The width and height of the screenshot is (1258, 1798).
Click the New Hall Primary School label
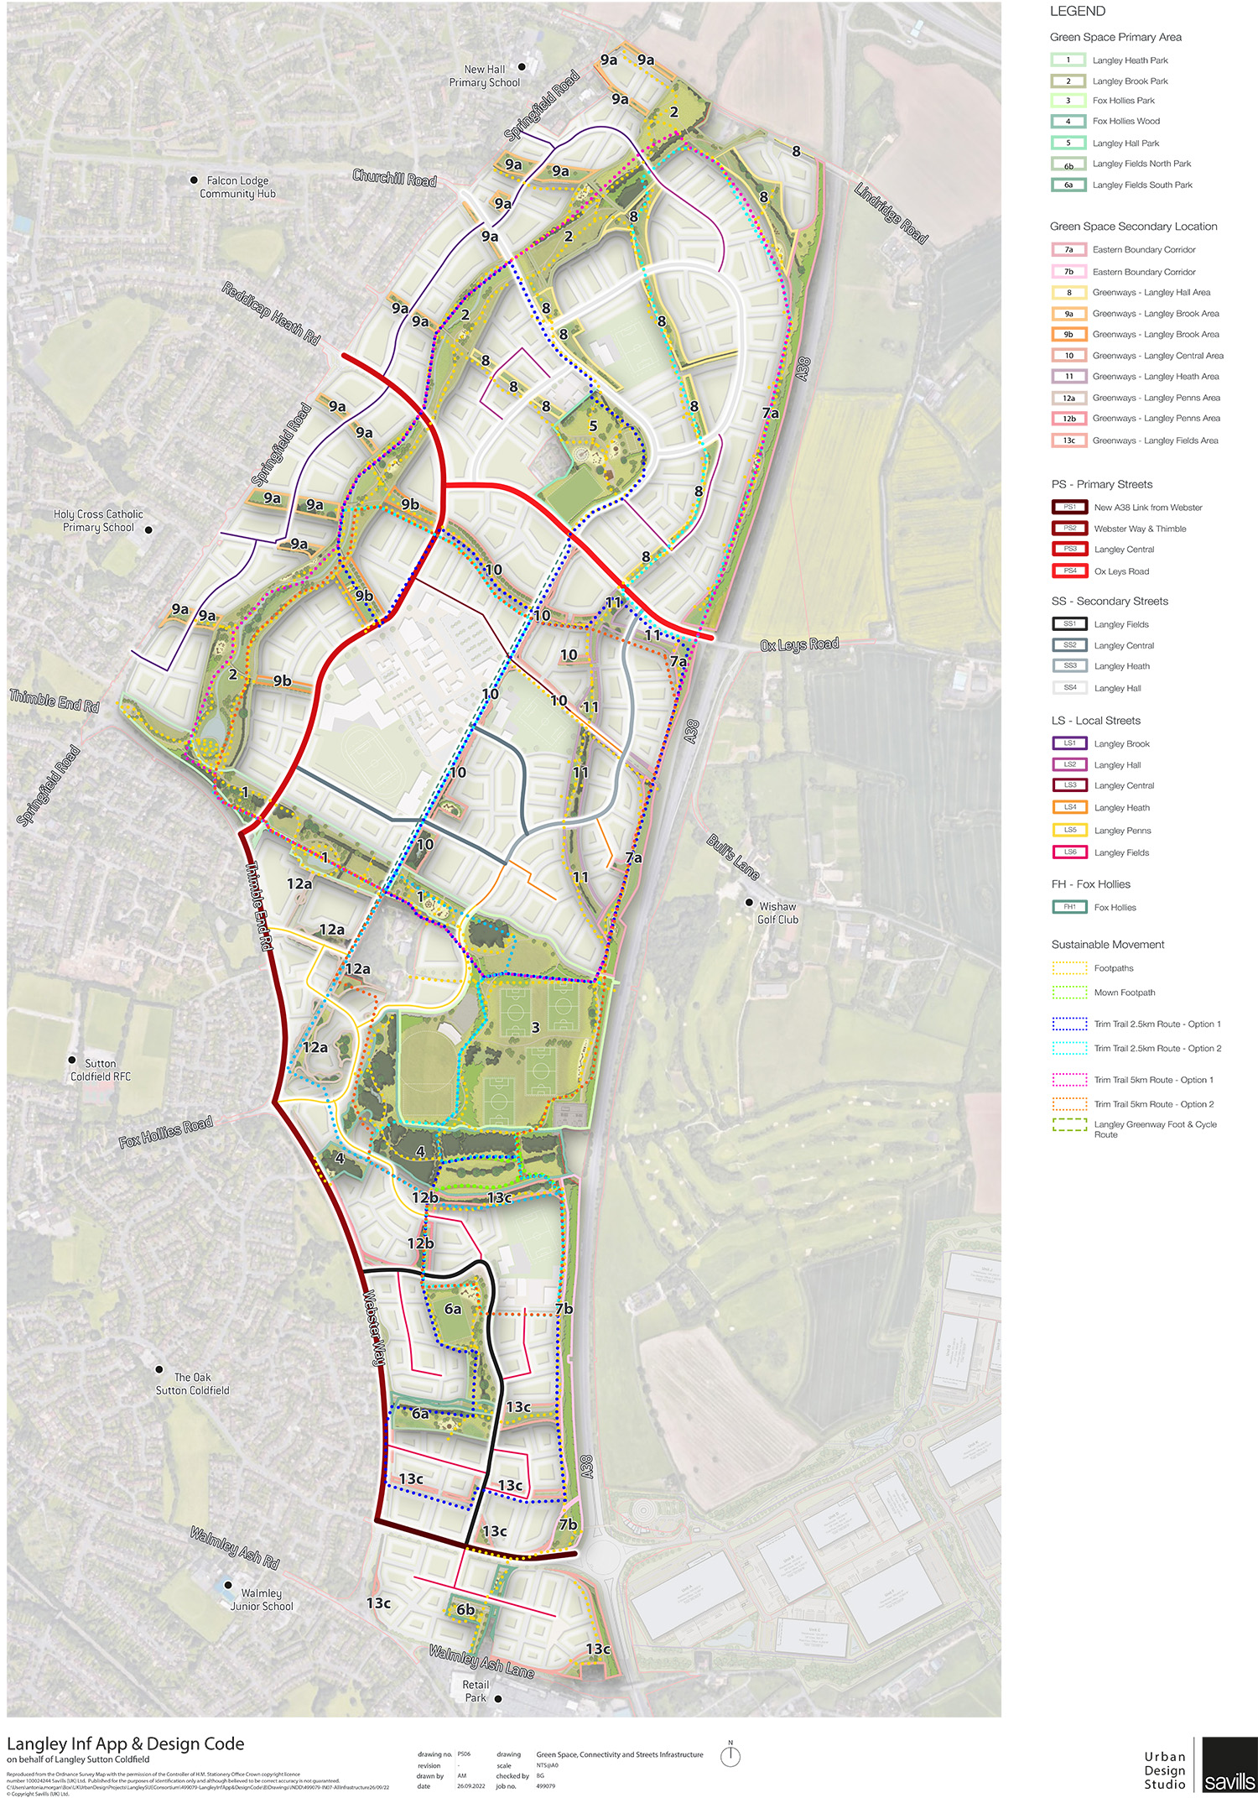pos(485,76)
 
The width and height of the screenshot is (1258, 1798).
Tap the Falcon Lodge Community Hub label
pos(237,187)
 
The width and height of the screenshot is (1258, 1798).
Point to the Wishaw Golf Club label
pos(777,913)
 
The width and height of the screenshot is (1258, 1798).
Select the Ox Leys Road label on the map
pos(799,644)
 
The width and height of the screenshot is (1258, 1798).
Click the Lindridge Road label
pos(891,214)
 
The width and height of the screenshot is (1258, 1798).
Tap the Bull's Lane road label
pos(733,857)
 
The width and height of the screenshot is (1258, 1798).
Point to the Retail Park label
pos(476,1691)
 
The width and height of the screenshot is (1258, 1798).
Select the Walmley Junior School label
pos(262,1599)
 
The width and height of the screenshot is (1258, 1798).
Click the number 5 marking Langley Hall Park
pos(593,426)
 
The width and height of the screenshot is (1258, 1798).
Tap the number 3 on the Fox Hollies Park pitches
pos(535,1028)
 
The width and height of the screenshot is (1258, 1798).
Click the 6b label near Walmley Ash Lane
pos(465,1609)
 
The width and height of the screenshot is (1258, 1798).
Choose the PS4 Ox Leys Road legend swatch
pos(1070,571)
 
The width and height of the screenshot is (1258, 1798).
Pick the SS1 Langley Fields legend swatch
pos(1070,624)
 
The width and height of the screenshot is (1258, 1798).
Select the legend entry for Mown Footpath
pos(1124,993)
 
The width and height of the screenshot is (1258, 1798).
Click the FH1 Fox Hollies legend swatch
pos(1070,907)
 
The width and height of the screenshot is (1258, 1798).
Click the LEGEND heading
pos(1078,12)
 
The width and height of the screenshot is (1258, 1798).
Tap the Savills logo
pos(1229,1769)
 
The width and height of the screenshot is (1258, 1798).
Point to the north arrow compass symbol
pos(730,1756)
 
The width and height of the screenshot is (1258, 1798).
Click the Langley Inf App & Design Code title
pos(126,1743)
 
